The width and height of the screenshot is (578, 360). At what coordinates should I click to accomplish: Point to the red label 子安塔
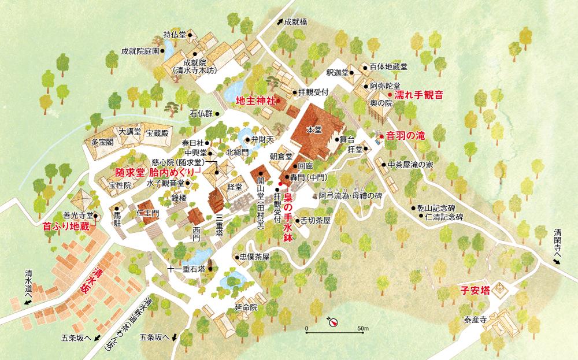coord(475,290)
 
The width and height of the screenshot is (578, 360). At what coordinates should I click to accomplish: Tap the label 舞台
coord(346,139)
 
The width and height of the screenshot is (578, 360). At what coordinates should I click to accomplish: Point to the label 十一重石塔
coord(186,269)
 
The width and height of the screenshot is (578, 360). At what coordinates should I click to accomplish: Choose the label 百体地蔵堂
coord(388,66)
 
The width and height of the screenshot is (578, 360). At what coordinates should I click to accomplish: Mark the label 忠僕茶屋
coord(254,257)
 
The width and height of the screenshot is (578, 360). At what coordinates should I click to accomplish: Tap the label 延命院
coord(246,307)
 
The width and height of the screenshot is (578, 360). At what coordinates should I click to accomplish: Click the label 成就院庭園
coord(140,51)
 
